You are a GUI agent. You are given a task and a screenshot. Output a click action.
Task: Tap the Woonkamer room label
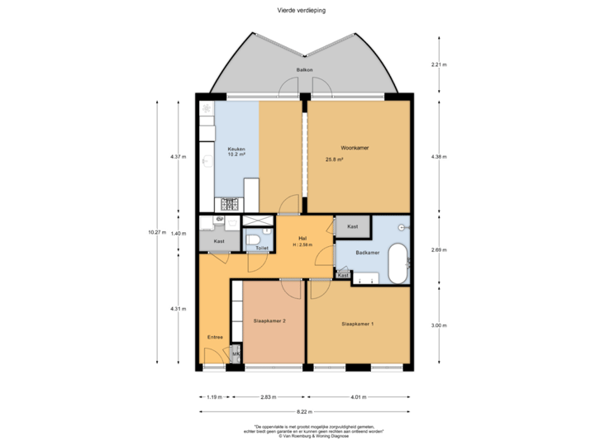355,147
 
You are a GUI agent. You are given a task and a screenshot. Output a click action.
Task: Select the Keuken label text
236,148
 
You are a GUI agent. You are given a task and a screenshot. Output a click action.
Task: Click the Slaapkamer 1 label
357,324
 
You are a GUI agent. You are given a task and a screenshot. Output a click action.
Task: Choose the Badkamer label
367,253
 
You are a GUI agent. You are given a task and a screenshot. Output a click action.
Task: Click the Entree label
214,338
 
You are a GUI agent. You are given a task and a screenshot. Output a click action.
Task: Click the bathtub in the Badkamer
398,263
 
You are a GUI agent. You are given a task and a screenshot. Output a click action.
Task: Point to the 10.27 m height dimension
156,232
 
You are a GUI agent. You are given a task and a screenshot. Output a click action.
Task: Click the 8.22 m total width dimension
305,410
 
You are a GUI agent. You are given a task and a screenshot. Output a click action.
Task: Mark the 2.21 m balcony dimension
439,64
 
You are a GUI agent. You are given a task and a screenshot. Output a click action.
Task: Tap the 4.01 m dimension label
357,396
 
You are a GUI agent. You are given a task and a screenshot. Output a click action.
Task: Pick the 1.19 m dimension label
215,396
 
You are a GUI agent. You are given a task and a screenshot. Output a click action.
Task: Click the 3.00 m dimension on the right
439,325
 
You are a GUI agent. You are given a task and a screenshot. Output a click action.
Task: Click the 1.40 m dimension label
178,233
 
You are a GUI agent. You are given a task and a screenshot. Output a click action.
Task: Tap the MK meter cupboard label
236,355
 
